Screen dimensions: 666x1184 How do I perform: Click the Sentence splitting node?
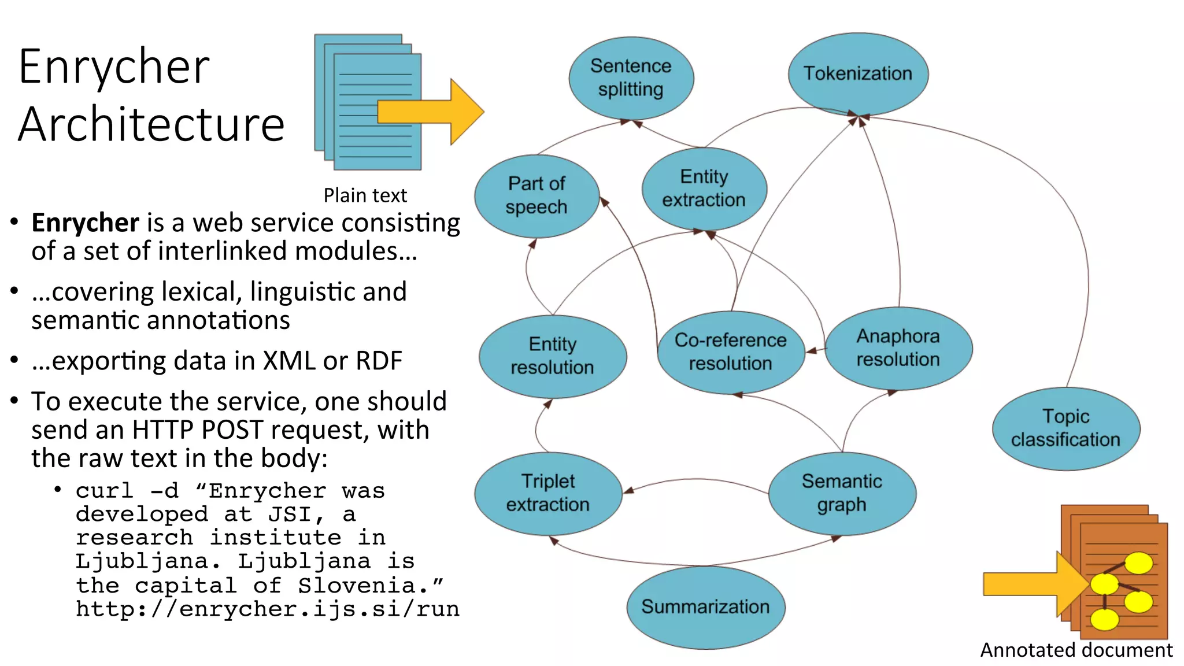pyautogui.click(x=631, y=78)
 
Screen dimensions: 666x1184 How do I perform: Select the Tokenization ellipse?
pyautogui.click(x=858, y=73)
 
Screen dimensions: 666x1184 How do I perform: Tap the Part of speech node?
pyautogui.click(x=536, y=195)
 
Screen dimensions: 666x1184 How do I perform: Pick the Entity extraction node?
pyautogui.click(x=704, y=188)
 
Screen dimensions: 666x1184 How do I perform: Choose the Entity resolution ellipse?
pyautogui.click(x=553, y=356)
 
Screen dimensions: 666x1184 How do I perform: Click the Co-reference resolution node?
pyautogui.click(x=731, y=352)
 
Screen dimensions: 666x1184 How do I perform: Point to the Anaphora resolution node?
pyautogui.click(x=898, y=348)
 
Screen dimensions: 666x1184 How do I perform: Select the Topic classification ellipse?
pyautogui.click(x=1066, y=428)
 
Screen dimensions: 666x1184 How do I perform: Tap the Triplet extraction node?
pyautogui.click(x=548, y=493)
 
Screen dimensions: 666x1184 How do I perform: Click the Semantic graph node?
pyautogui.click(x=842, y=493)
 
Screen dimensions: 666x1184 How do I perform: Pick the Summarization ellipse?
pyautogui.click(x=705, y=607)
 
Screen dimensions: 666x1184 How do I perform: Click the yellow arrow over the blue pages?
pyautogui.click(x=431, y=112)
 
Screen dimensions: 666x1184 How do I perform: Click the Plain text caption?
pyautogui.click(x=365, y=195)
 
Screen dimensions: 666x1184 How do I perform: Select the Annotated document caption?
pyautogui.click(x=1076, y=650)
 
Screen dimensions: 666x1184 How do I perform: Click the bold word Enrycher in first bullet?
pyautogui.click(x=85, y=223)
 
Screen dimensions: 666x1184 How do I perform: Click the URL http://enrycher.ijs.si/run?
pyautogui.click(x=268, y=609)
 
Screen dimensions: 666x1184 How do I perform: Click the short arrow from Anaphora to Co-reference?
pyautogui.click(x=815, y=350)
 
